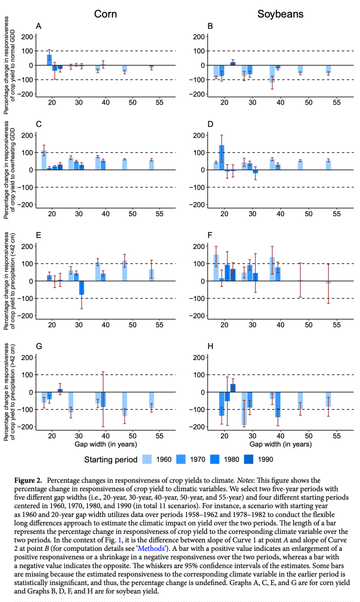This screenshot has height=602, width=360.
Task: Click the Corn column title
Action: tap(105, 14)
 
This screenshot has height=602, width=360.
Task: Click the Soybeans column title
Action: tap(280, 14)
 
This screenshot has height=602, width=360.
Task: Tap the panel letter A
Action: tap(39, 26)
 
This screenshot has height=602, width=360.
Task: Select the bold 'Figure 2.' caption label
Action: tap(29, 481)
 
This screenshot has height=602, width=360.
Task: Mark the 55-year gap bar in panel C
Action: tap(151, 165)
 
